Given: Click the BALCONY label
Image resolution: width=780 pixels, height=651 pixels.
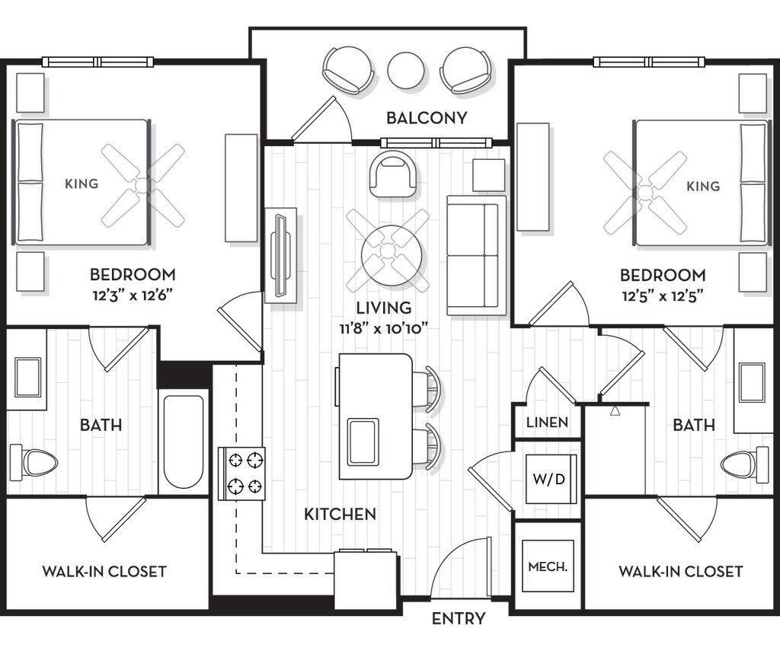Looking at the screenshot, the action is pos(427,118).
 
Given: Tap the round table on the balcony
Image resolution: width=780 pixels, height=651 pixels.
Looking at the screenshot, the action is pos(406,71).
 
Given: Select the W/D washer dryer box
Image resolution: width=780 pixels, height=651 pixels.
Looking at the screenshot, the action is pos(549,479).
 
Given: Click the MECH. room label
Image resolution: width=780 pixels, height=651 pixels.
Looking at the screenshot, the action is pos(548,566).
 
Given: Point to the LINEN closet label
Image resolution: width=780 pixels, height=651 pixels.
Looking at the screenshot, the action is pos(547,423).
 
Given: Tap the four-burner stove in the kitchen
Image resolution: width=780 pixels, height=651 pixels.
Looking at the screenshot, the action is pos(241,473).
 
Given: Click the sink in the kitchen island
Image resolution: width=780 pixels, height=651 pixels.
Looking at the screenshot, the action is pos(363,442).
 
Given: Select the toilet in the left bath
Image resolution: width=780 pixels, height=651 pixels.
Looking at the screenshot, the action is pos(34,462).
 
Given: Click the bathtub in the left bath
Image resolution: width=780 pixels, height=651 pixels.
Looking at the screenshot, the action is pos(184,442).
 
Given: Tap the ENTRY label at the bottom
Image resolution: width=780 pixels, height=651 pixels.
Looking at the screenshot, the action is pos(459,619).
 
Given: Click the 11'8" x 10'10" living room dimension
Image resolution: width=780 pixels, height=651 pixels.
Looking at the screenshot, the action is pos(384,329).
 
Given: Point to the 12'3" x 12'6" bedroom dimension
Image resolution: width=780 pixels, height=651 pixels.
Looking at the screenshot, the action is pos(133,296).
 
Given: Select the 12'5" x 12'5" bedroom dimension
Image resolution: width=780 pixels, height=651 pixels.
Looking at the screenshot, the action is pos(663,296).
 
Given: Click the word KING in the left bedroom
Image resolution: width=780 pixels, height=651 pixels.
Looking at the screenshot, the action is pos(82,184).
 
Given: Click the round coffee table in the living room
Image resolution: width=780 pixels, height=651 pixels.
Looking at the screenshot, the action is pos(392,255).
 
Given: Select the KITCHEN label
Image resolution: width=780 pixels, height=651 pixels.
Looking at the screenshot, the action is pos(340,514).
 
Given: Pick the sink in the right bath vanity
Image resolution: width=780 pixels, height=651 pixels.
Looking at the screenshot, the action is pos(752,382).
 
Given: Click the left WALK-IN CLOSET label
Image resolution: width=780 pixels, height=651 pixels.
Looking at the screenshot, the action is pos(104,571).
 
